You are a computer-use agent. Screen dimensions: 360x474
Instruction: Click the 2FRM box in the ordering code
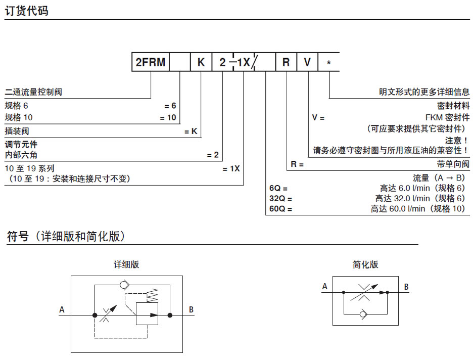tap(150, 63)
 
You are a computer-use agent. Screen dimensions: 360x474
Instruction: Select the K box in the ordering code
tap(201, 63)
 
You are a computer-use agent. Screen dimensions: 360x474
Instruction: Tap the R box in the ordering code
tap(286, 63)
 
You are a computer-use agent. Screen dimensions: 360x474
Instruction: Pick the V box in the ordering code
tap(307, 63)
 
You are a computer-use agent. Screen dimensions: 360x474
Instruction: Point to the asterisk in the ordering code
tap(329, 63)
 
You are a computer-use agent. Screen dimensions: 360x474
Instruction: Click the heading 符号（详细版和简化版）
tap(66, 236)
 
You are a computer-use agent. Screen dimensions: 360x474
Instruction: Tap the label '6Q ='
tap(278, 188)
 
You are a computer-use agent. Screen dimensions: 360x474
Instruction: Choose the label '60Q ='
tap(281, 209)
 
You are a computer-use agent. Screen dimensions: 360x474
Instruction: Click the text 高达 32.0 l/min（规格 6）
tap(420, 198)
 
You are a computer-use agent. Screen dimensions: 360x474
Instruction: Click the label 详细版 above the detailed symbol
tap(126, 264)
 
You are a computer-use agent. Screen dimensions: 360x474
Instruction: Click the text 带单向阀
tap(453, 164)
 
